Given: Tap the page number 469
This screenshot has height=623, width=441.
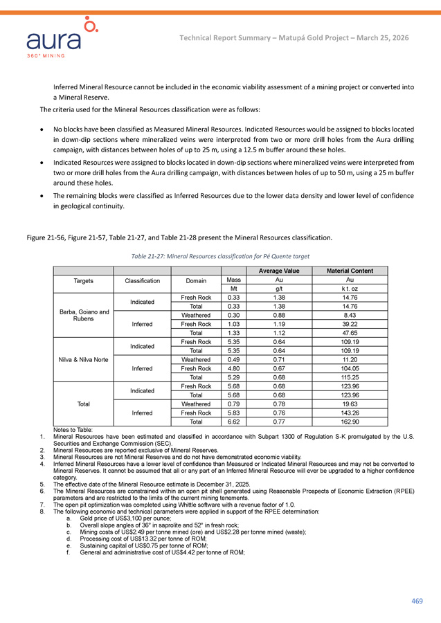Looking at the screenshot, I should pos(416,601).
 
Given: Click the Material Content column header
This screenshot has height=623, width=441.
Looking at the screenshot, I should pos(350,271).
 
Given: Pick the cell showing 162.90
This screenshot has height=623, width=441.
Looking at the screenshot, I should pos(350,421).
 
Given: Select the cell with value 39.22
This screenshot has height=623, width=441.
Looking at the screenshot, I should pos(350,324).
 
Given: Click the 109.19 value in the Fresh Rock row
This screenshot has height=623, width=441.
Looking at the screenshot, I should pos(350,342).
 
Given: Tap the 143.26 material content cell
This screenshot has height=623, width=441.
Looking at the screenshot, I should pos(350,412).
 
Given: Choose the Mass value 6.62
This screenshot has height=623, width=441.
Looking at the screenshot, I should pos(234,421).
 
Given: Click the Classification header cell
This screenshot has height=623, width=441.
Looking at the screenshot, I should pos(142,281).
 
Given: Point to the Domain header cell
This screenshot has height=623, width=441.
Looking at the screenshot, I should pos(196,281).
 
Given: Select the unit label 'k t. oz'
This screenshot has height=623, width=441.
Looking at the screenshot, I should pos(350,289).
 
